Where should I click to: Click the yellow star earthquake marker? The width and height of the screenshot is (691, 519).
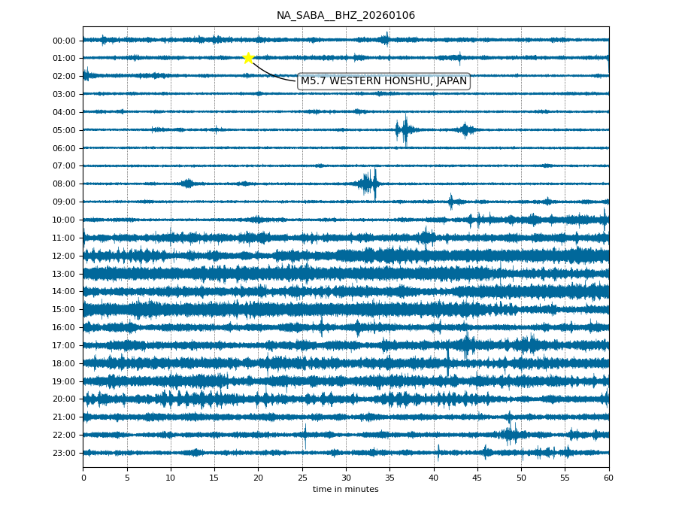248,58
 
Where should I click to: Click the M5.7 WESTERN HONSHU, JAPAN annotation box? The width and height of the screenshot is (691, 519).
383,81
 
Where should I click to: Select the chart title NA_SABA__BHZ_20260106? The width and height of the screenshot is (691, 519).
345,16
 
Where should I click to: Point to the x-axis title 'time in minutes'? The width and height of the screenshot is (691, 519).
345,490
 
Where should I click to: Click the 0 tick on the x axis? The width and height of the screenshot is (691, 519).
83,478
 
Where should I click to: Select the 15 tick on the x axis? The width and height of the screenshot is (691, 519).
214,478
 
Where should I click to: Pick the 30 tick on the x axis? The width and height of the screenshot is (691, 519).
346,478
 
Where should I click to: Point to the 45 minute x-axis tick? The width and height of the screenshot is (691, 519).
477,478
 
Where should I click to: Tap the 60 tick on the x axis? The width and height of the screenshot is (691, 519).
608,478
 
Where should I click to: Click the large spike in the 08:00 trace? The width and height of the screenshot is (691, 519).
374,184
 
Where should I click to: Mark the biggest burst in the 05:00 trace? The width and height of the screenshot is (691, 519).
405,130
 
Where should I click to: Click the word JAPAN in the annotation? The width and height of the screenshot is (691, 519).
451,81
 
